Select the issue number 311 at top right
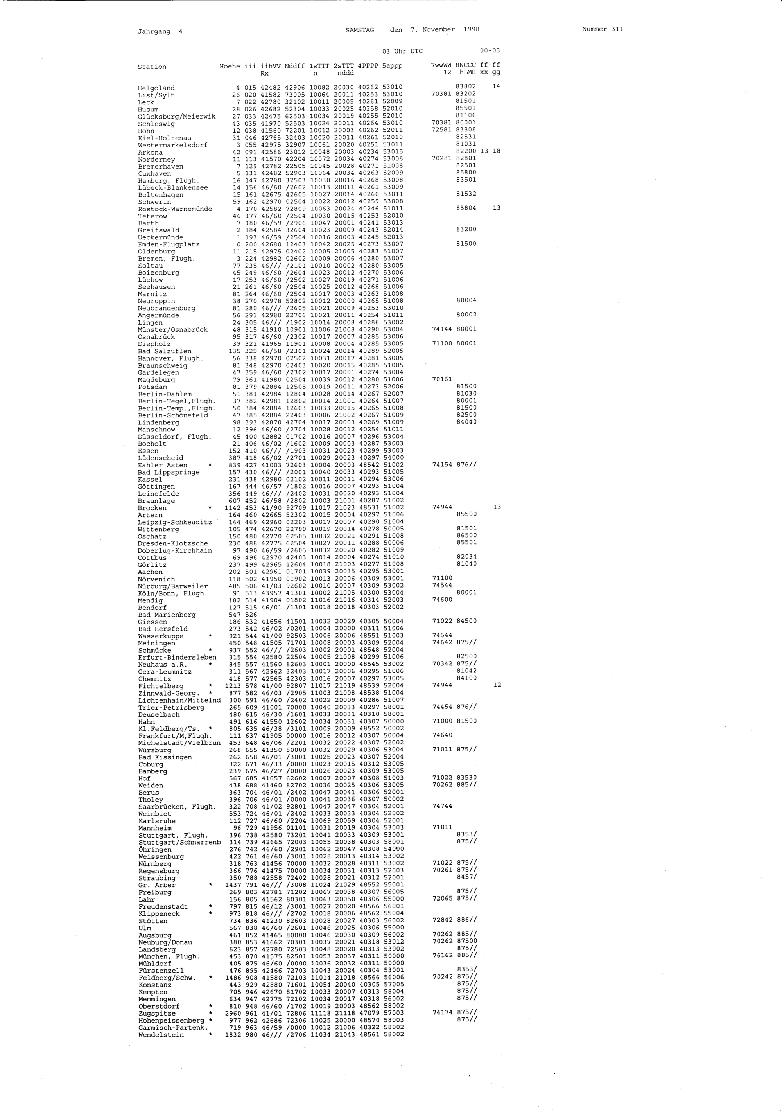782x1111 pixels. click(617, 29)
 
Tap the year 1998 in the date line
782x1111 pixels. click(471, 29)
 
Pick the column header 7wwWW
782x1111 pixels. click(441, 65)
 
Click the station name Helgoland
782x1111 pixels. click(156, 88)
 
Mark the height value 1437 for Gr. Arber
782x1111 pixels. click(233, 885)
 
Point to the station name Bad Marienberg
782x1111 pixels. click(167, 615)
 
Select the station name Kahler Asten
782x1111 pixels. click(163, 466)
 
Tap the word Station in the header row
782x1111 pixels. click(152, 67)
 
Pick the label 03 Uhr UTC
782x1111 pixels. click(402, 51)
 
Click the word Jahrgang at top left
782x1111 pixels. click(154, 31)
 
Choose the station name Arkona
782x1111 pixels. click(150, 153)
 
